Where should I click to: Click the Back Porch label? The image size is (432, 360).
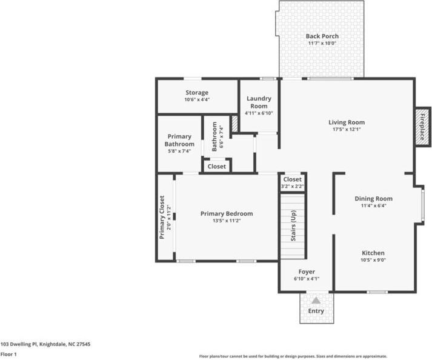[x=322, y=36]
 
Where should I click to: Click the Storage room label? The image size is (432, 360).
[x=197, y=93]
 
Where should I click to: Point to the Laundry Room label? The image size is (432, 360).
[x=259, y=102]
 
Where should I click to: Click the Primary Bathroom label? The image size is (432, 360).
[x=179, y=141]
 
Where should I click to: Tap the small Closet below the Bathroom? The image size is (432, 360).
[x=216, y=166]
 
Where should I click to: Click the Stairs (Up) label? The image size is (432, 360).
[x=293, y=225]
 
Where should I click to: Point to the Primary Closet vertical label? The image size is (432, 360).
[x=162, y=217]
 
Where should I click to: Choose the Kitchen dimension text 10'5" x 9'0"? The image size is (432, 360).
[x=373, y=260]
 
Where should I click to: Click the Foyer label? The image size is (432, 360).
[x=306, y=272]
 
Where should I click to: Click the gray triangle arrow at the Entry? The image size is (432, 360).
[x=316, y=300]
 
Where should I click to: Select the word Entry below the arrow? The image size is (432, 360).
[x=316, y=311]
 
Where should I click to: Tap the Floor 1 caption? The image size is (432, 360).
[x=8, y=354]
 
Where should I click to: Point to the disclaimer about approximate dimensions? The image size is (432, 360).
[x=293, y=356]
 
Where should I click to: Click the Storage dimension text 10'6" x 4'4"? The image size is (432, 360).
[x=197, y=100]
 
